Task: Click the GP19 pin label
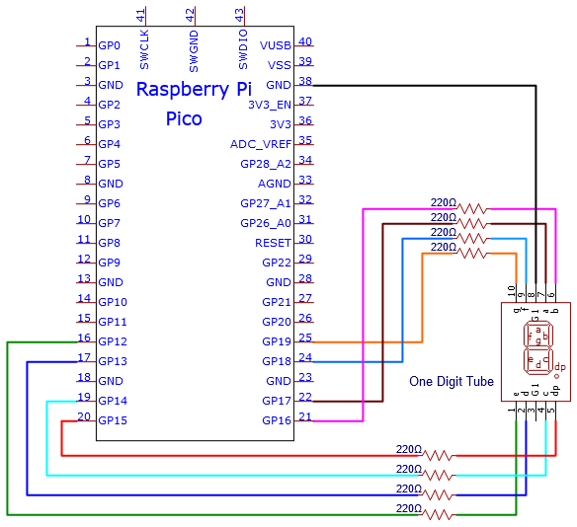(x=277, y=341)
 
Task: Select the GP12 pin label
(x=113, y=341)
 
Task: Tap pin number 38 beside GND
(x=305, y=81)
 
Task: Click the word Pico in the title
(x=184, y=118)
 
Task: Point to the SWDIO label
(x=243, y=49)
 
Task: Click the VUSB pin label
(x=276, y=45)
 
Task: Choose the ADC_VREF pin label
(x=261, y=144)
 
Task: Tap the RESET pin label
(x=273, y=243)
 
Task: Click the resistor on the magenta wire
(x=473, y=209)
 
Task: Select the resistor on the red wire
(x=439, y=456)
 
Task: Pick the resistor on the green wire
(x=439, y=515)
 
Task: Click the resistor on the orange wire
(x=473, y=254)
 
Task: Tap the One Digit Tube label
(x=452, y=382)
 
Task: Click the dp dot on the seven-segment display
(x=557, y=376)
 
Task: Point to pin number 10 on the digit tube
(x=511, y=291)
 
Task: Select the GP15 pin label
(x=113, y=420)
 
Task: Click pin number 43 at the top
(x=239, y=16)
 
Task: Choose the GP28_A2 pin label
(x=266, y=164)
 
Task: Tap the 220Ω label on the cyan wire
(x=409, y=470)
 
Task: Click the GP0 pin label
(x=109, y=45)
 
